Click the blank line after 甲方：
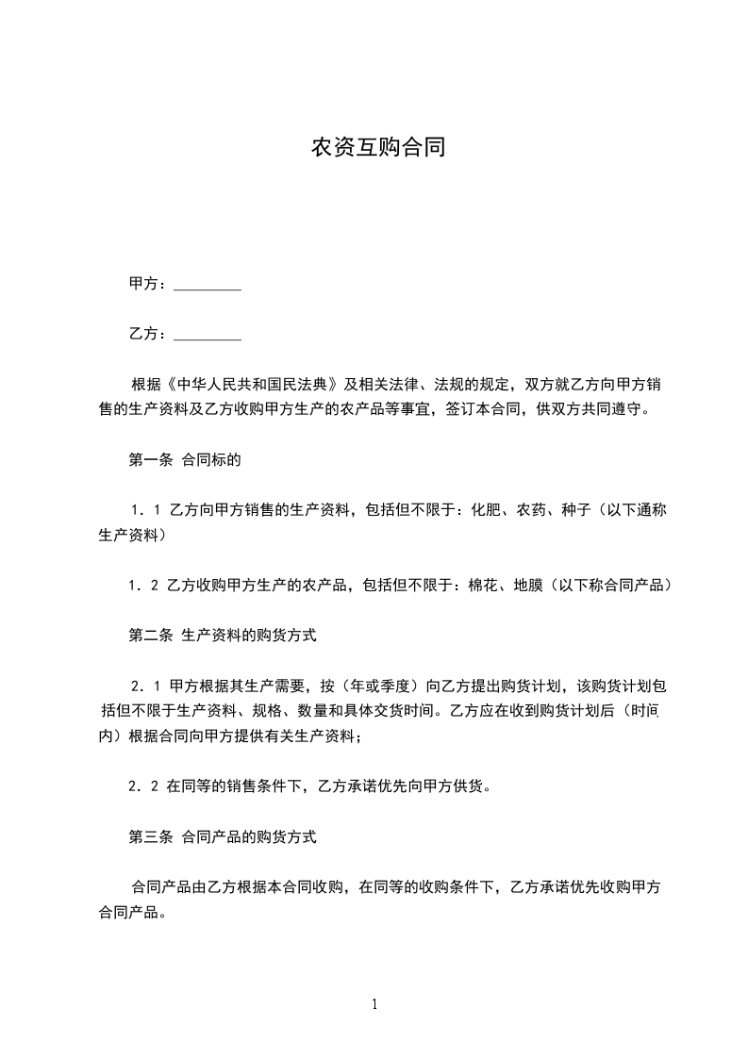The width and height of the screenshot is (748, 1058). click(208, 285)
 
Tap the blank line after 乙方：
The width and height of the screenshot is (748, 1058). click(208, 335)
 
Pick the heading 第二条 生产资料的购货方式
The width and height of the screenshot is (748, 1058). click(222, 636)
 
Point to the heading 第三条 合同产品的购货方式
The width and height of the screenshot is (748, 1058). click(222, 836)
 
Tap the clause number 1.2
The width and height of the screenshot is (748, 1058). click(145, 586)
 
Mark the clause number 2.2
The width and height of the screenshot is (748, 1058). click(145, 785)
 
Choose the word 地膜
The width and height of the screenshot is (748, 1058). click(529, 586)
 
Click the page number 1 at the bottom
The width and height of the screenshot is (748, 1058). click(374, 1005)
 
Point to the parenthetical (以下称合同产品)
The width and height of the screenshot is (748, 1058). click(612, 586)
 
